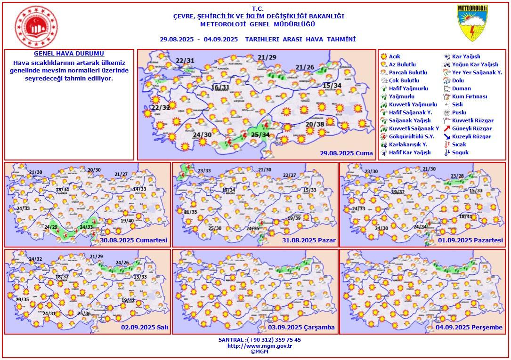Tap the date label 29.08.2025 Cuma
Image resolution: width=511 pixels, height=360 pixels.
point(346,153)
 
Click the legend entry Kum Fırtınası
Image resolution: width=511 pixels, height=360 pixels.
point(470,96)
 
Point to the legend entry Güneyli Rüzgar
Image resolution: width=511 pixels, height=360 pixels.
point(471,128)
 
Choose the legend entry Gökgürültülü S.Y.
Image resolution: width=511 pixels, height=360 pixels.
point(408,136)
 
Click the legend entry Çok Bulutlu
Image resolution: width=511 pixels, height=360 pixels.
point(404,80)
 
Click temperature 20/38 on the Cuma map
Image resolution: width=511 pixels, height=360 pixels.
point(315,125)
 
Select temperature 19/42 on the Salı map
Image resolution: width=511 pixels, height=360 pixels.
point(128,300)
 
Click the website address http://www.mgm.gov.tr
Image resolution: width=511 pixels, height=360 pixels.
point(260,345)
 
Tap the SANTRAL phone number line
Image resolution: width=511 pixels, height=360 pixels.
point(260,339)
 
